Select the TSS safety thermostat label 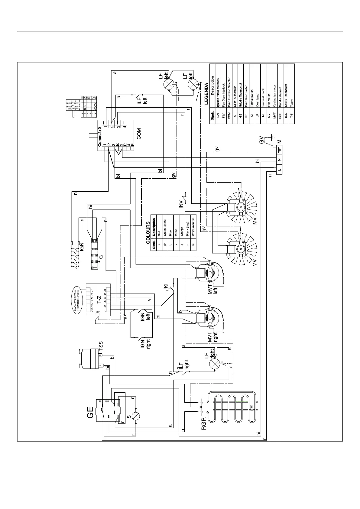pos(101,345)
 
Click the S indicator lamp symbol pos(136,416)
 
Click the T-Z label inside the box pos(99,300)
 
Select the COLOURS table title pos(148,233)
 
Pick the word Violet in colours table pos(176,232)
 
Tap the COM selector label pos(139,134)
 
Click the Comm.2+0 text pos(100,136)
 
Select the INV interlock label pos(181,204)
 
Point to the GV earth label pos(261,141)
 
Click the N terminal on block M pos(279,160)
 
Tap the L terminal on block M pos(279,170)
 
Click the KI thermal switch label pos(165,286)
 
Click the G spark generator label pos(101,257)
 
